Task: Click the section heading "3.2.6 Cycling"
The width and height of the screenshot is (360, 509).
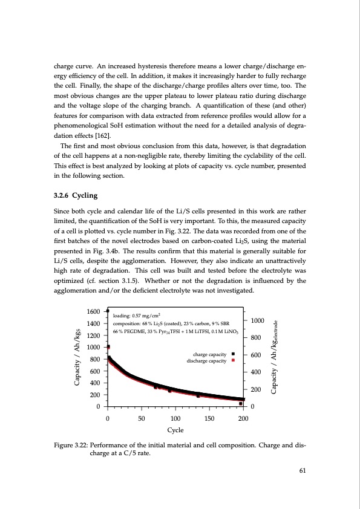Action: click(x=77, y=196)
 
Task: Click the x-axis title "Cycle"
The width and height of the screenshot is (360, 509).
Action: click(x=175, y=430)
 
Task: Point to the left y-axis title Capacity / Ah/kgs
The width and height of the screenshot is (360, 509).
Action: click(x=77, y=358)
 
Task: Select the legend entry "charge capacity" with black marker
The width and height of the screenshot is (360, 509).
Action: click(x=209, y=354)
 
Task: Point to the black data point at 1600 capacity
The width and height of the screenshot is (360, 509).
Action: click(x=108, y=310)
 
